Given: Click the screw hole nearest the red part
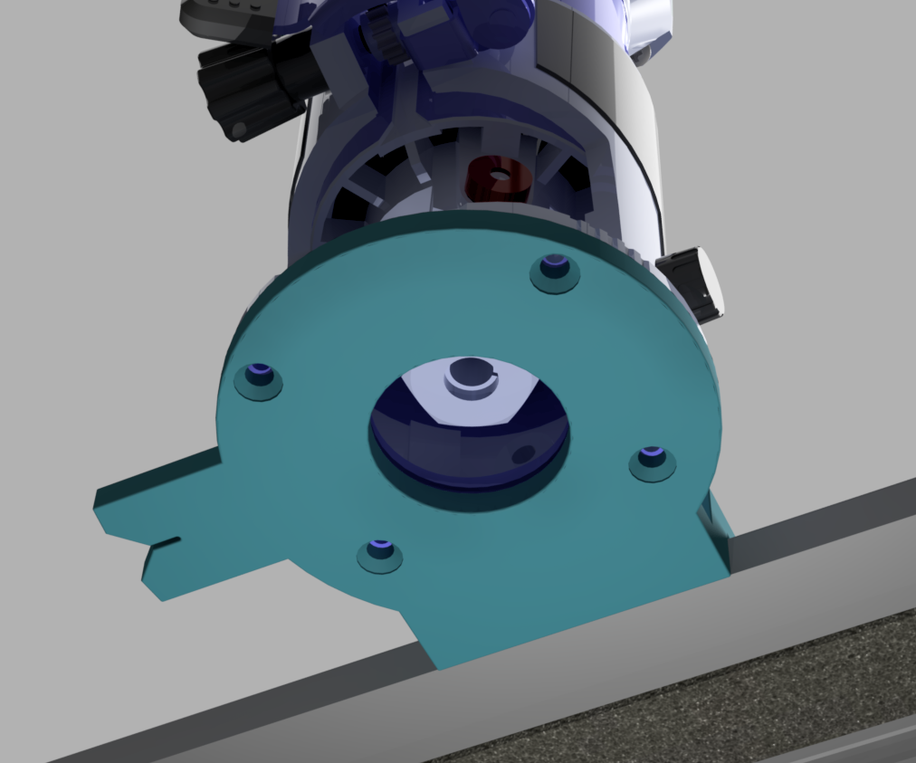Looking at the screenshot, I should pos(555,269).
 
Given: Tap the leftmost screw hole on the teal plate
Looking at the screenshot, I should pos(259,375).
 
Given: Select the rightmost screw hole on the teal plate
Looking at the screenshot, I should pos(653,457).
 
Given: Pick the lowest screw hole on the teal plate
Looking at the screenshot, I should pos(380,550).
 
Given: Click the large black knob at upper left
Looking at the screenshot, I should pos(244,86).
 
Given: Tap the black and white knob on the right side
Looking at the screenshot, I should pos(693,282).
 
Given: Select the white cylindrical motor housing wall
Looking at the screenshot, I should pos(625,136).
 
